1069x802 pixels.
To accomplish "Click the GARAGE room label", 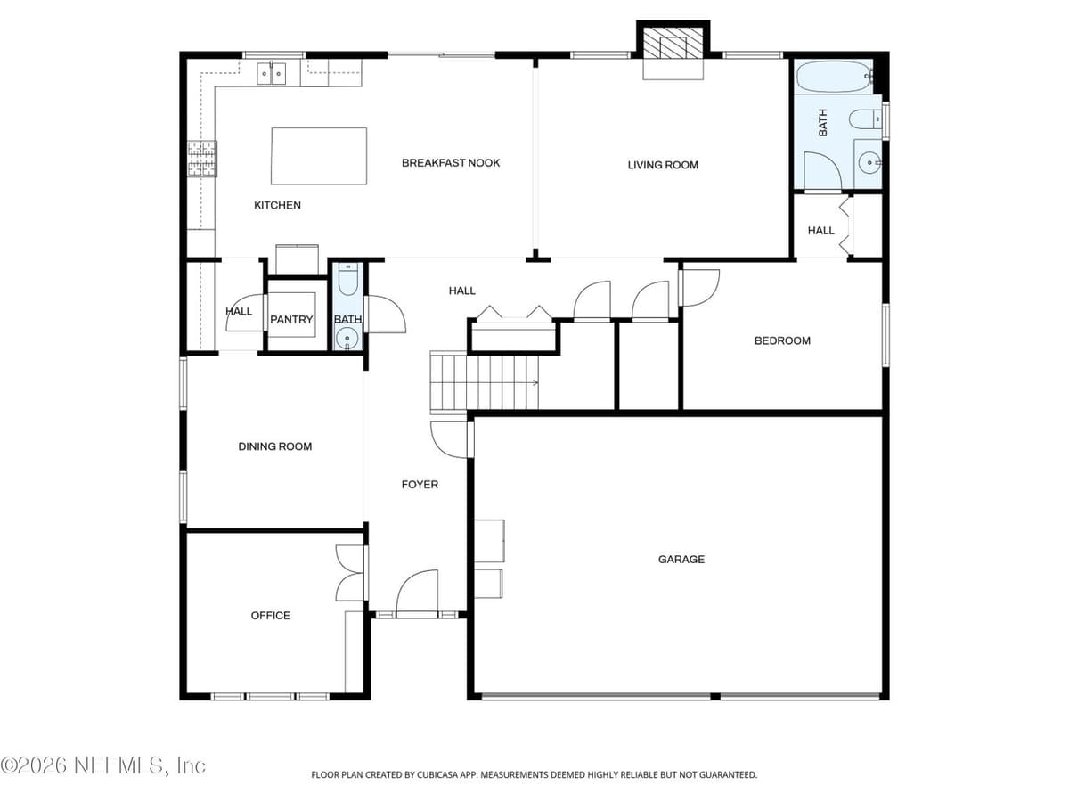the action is pyautogui.click(x=681, y=559).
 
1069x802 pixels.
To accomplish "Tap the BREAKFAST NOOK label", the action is pyautogui.click(x=451, y=163).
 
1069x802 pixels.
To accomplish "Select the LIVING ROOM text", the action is pyautogui.click(x=663, y=165).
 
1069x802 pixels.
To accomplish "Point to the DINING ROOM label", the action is pyautogui.click(x=274, y=446).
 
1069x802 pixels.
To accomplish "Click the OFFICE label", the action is pyautogui.click(x=270, y=616).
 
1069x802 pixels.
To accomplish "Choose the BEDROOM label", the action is pyautogui.click(x=782, y=341).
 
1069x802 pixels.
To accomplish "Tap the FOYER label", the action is pyautogui.click(x=420, y=485).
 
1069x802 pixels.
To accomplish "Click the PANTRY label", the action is pyautogui.click(x=291, y=319).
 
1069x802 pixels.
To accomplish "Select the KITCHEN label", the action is pyautogui.click(x=277, y=205).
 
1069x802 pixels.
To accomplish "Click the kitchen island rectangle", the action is pyautogui.click(x=319, y=156).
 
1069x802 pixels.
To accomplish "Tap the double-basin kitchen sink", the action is pyautogui.click(x=272, y=74).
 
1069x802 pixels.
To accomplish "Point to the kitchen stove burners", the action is pyautogui.click(x=202, y=159).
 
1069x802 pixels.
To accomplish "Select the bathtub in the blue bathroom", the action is pyautogui.click(x=834, y=77).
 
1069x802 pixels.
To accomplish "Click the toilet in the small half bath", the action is pyautogui.click(x=347, y=280).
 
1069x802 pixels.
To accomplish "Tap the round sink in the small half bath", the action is pyautogui.click(x=347, y=337).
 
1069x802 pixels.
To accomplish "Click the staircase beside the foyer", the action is pyautogui.click(x=484, y=382).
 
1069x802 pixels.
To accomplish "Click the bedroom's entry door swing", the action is pyautogui.click(x=700, y=288).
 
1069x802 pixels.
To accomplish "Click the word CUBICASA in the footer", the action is pyautogui.click(x=433, y=774).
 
